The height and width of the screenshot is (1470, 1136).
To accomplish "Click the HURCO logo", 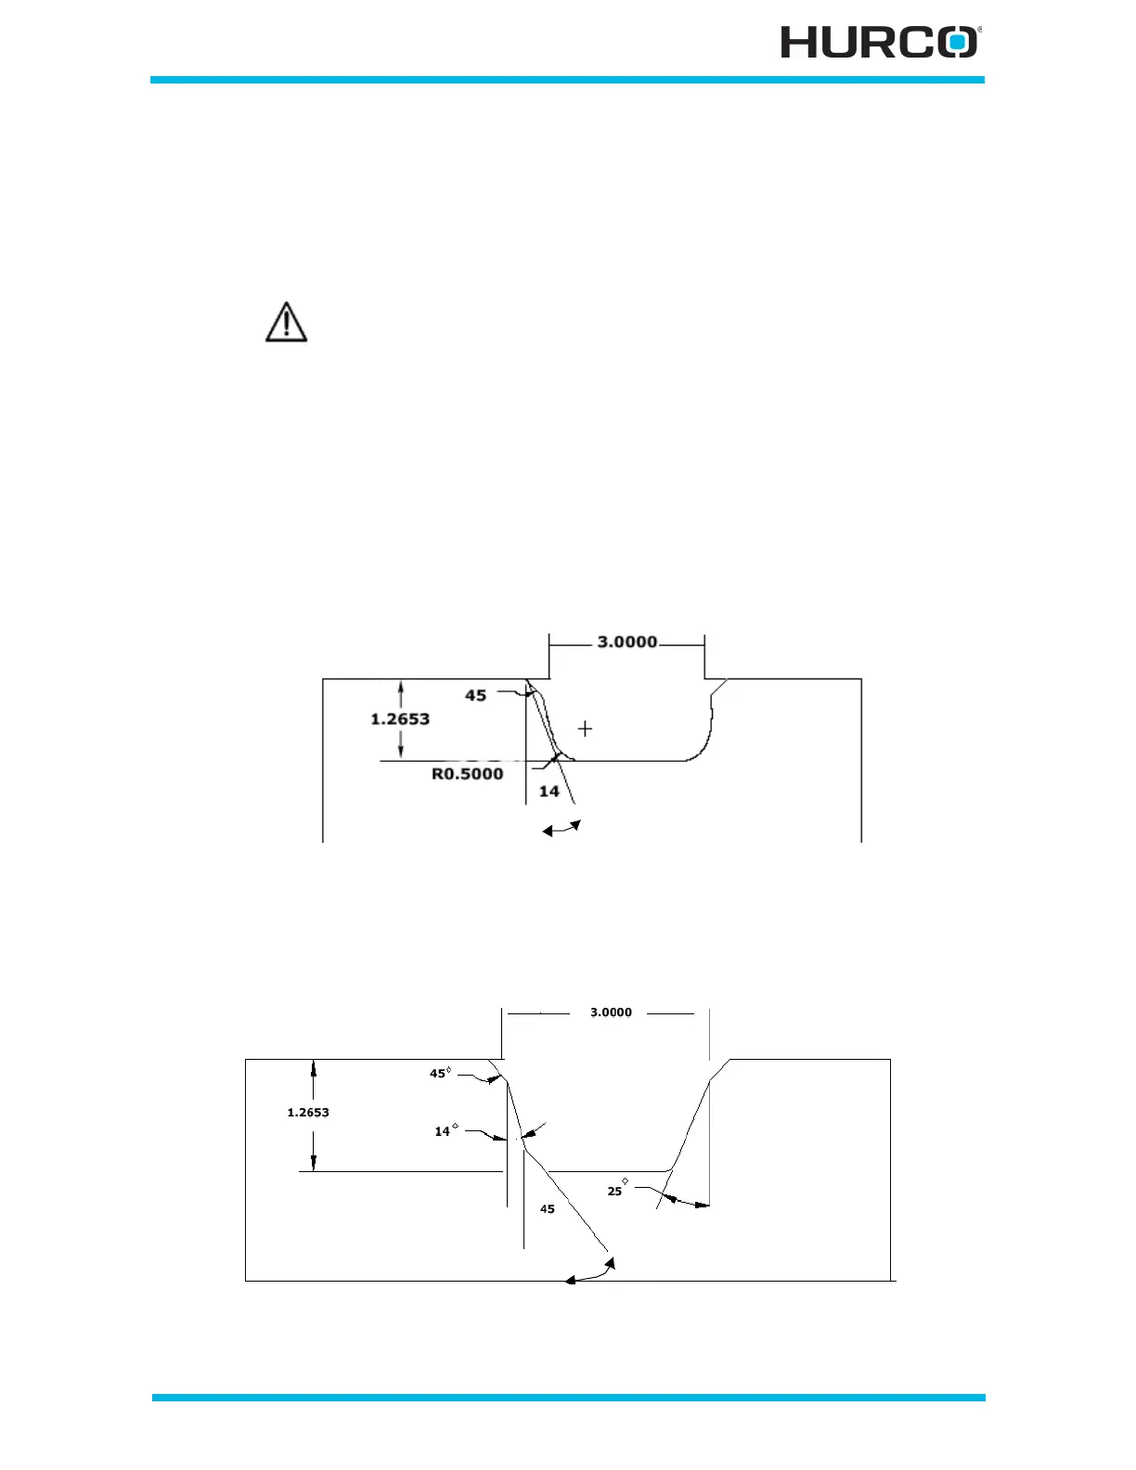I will point(879,43).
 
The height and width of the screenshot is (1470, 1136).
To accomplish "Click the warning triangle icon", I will point(287,322).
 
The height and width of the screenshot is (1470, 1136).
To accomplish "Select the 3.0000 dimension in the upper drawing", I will point(626,642).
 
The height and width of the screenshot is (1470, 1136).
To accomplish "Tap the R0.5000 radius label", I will point(468,774).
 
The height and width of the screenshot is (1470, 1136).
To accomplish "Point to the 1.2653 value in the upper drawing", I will point(400,719).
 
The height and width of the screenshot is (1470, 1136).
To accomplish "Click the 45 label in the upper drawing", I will point(475,695).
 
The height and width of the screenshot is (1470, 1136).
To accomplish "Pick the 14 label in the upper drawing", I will point(549,792).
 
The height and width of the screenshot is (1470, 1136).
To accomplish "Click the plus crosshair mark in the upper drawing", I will point(585,729).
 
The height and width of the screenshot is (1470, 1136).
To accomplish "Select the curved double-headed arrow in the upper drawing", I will point(562,828).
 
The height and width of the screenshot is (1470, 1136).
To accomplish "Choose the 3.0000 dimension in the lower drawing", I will point(611,1012).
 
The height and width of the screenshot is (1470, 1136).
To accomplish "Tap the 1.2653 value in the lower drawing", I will point(308,1113).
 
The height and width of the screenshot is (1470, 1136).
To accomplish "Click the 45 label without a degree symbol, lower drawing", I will point(548,1209).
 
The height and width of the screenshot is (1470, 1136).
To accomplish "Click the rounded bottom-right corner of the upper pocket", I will point(701,750).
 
